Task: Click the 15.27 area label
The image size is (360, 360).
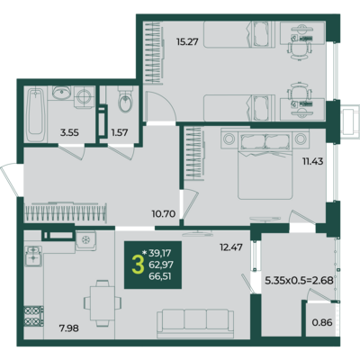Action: [x=187, y=41]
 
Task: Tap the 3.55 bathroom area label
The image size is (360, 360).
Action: [x=69, y=132]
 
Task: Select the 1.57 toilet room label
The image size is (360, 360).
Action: [x=120, y=132]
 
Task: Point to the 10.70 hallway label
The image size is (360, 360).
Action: [x=164, y=214]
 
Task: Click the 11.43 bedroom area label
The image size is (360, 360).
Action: [x=312, y=161]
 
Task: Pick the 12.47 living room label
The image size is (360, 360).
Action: [x=231, y=247]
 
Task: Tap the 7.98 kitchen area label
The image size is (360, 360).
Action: [x=69, y=328]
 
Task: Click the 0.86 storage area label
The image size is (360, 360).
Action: [x=322, y=322]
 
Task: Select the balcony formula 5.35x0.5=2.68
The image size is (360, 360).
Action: [x=299, y=281]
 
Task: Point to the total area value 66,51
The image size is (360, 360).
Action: [x=160, y=276]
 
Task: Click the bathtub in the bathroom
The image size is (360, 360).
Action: [x=35, y=114]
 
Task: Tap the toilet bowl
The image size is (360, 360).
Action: [x=125, y=100]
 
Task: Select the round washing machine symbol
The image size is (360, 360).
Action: [x=84, y=97]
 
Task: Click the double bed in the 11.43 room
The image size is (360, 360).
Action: [x=265, y=164]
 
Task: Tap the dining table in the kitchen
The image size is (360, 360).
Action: [x=103, y=303]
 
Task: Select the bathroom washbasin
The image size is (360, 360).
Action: [x=61, y=92]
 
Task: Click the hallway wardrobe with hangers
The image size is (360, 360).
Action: [x=66, y=212]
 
